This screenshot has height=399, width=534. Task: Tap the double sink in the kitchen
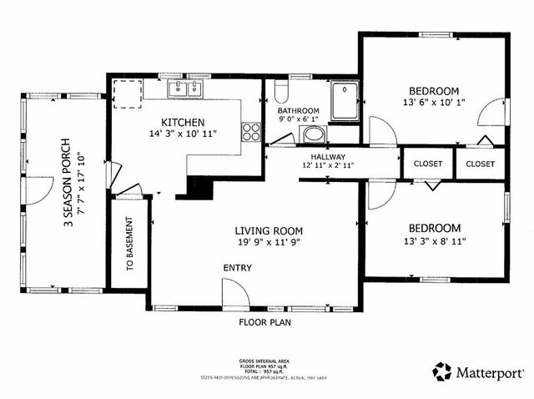tap(186, 88)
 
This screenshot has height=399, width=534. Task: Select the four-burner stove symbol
tap(250, 130)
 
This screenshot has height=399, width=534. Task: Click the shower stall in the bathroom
tap(344, 101)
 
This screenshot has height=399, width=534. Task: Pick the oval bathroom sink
tap(312, 135)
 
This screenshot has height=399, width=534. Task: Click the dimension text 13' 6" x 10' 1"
tap(433, 104)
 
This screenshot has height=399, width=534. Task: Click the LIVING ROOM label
tap(268, 231)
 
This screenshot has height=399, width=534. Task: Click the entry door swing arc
tap(234, 293)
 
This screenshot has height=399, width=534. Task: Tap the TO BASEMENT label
tap(130, 246)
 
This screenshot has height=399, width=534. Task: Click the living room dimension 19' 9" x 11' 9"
tap(268, 244)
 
